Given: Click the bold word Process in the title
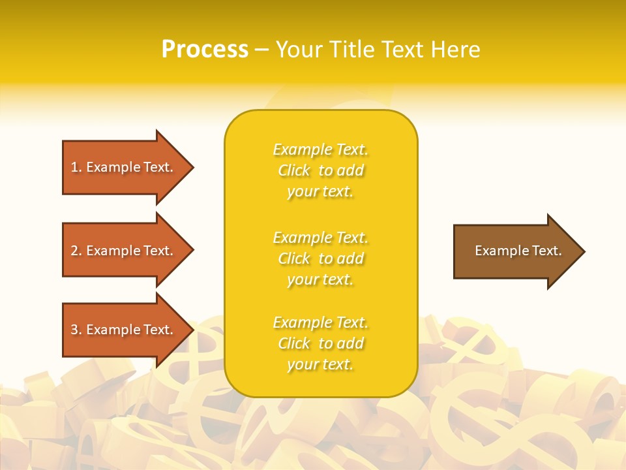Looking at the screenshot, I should tap(205, 50).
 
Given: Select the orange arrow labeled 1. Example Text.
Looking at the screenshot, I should tap(124, 167).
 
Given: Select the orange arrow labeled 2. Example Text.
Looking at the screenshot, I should tap(124, 251).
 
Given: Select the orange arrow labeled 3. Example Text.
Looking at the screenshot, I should tap(124, 330).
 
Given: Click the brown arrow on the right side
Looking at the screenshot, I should tap(515, 251).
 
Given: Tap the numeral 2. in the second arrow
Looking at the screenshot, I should tap(76, 251).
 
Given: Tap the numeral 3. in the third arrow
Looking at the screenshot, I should tap(76, 330).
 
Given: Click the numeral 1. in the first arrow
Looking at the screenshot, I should tap(76, 167).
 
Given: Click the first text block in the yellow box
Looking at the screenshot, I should tap(320, 170).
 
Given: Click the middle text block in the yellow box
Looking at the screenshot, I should tap(320, 258).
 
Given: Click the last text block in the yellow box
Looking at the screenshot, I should tap(320, 343).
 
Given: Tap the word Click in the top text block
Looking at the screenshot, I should tap(294, 170).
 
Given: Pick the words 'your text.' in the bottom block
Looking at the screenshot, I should tap(320, 364).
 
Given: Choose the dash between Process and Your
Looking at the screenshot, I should tap(261, 50).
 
